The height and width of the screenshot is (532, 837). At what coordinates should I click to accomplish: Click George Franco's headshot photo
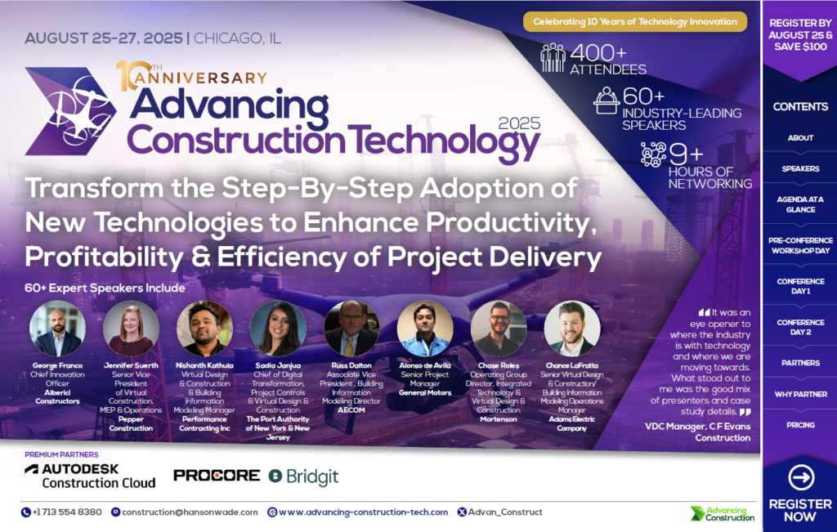point(57,329)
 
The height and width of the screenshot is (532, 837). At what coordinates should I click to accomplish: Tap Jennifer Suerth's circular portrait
point(131,329)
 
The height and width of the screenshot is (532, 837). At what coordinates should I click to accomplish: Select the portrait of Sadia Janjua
point(278,329)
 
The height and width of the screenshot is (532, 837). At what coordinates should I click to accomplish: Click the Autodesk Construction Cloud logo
point(90,476)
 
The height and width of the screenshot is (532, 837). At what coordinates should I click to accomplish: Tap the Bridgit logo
point(303,476)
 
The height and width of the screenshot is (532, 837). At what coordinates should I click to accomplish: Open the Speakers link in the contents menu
point(800,169)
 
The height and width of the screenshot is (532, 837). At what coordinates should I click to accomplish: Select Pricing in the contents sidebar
point(800,425)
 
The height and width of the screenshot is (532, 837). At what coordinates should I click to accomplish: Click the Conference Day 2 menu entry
point(800,327)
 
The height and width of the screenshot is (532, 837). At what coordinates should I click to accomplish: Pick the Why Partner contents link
point(800,395)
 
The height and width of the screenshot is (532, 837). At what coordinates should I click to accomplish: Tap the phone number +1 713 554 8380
point(62,512)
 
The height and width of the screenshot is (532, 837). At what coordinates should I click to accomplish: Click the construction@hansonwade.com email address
point(190,512)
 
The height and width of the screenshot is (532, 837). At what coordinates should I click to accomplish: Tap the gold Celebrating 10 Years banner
point(635,21)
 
